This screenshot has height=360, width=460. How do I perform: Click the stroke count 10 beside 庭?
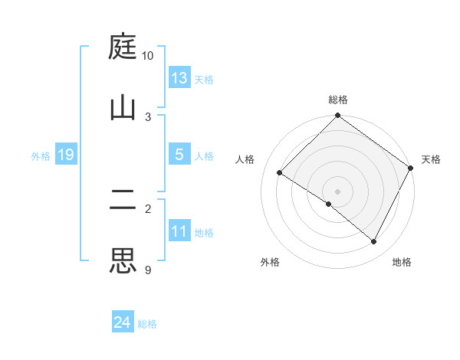147,56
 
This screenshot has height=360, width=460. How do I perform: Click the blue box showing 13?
179,78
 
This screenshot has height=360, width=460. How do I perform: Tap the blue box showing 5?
179,155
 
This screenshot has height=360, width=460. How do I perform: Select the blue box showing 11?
179,231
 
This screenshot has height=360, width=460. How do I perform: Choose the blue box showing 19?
65,155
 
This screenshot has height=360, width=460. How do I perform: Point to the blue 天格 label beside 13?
204,80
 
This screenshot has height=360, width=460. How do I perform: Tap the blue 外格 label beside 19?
41,156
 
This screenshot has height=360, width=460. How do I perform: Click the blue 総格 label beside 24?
147,324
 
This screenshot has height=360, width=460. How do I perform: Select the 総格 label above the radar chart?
338,100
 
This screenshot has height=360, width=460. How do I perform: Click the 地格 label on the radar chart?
402,262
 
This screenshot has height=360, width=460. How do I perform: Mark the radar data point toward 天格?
411,168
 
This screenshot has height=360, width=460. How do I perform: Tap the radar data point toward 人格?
280,173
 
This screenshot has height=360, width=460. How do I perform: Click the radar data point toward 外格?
329,204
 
